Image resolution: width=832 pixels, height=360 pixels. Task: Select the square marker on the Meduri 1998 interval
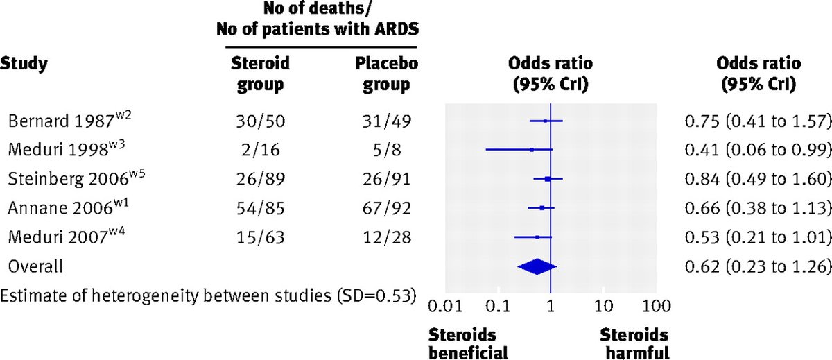point(532,149)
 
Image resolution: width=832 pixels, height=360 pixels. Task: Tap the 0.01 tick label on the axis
point(444,305)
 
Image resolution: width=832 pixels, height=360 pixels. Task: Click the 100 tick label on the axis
point(655,305)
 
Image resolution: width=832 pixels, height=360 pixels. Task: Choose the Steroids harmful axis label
point(634,343)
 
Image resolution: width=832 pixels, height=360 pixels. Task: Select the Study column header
point(24,65)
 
